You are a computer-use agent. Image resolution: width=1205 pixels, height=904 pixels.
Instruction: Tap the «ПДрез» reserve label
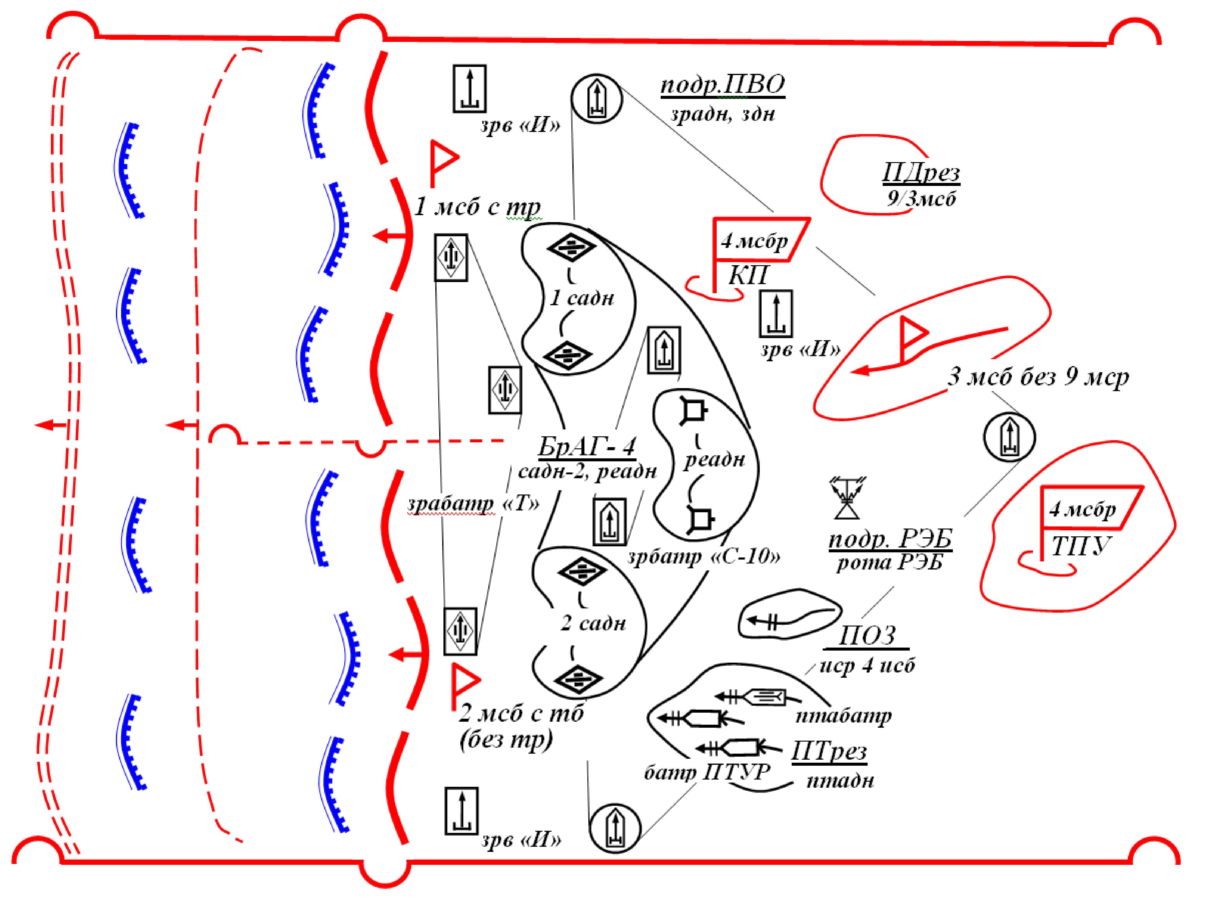pyautogui.click(x=921, y=173)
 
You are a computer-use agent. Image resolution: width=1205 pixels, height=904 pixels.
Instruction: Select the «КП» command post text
pyautogui.click(x=748, y=276)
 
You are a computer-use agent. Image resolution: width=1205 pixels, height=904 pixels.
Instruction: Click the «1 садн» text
pyautogui.click(x=582, y=298)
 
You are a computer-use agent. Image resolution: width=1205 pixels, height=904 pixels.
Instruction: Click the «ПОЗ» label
pyautogui.click(x=867, y=635)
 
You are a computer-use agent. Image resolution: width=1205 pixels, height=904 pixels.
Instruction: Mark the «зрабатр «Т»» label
pyautogui.click(x=473, y=504)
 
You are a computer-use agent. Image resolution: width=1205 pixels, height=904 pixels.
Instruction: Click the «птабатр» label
pyautogui.click(x=844, y=715)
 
